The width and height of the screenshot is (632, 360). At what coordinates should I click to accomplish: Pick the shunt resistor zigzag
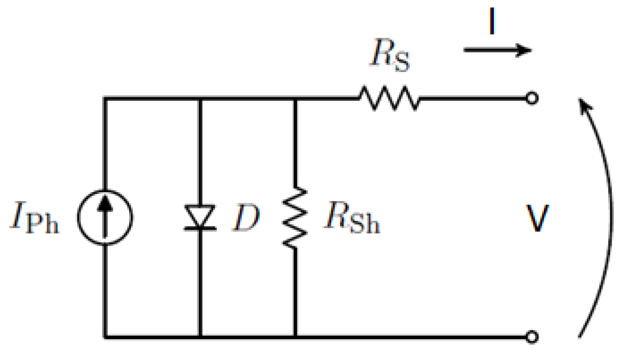pyautogui.click(x=295, y=217)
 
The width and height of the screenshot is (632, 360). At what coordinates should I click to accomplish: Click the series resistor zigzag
pyautogui.click(x=389, y=98)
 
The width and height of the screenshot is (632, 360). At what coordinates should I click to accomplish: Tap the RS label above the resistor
pyautogui.click(x=390, y=58)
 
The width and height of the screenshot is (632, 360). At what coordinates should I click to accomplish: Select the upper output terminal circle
pyautogui.click(x=532, y=99)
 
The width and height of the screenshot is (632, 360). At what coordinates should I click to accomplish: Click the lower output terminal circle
pyautogui.click(x=532, y=337)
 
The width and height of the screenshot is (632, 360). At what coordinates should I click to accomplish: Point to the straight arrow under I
pyautogui.click(x=497, y=50)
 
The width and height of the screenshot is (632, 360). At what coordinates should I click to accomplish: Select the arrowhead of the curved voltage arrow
pyautogui.click(x=584, y=107)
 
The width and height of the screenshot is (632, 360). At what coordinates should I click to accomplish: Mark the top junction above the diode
pyautogui.click(x=200, y=98)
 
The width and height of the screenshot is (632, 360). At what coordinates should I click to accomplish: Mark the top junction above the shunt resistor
pyautogui.click(x=295, y=98)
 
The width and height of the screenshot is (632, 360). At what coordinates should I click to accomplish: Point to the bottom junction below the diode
pyautogui.click(x=200, y=337)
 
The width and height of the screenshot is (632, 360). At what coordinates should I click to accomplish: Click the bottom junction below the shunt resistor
pyautogui.click(x=295, y=337)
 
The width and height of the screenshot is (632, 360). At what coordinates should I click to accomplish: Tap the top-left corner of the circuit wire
pyautogui.click(x=105, y=98)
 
